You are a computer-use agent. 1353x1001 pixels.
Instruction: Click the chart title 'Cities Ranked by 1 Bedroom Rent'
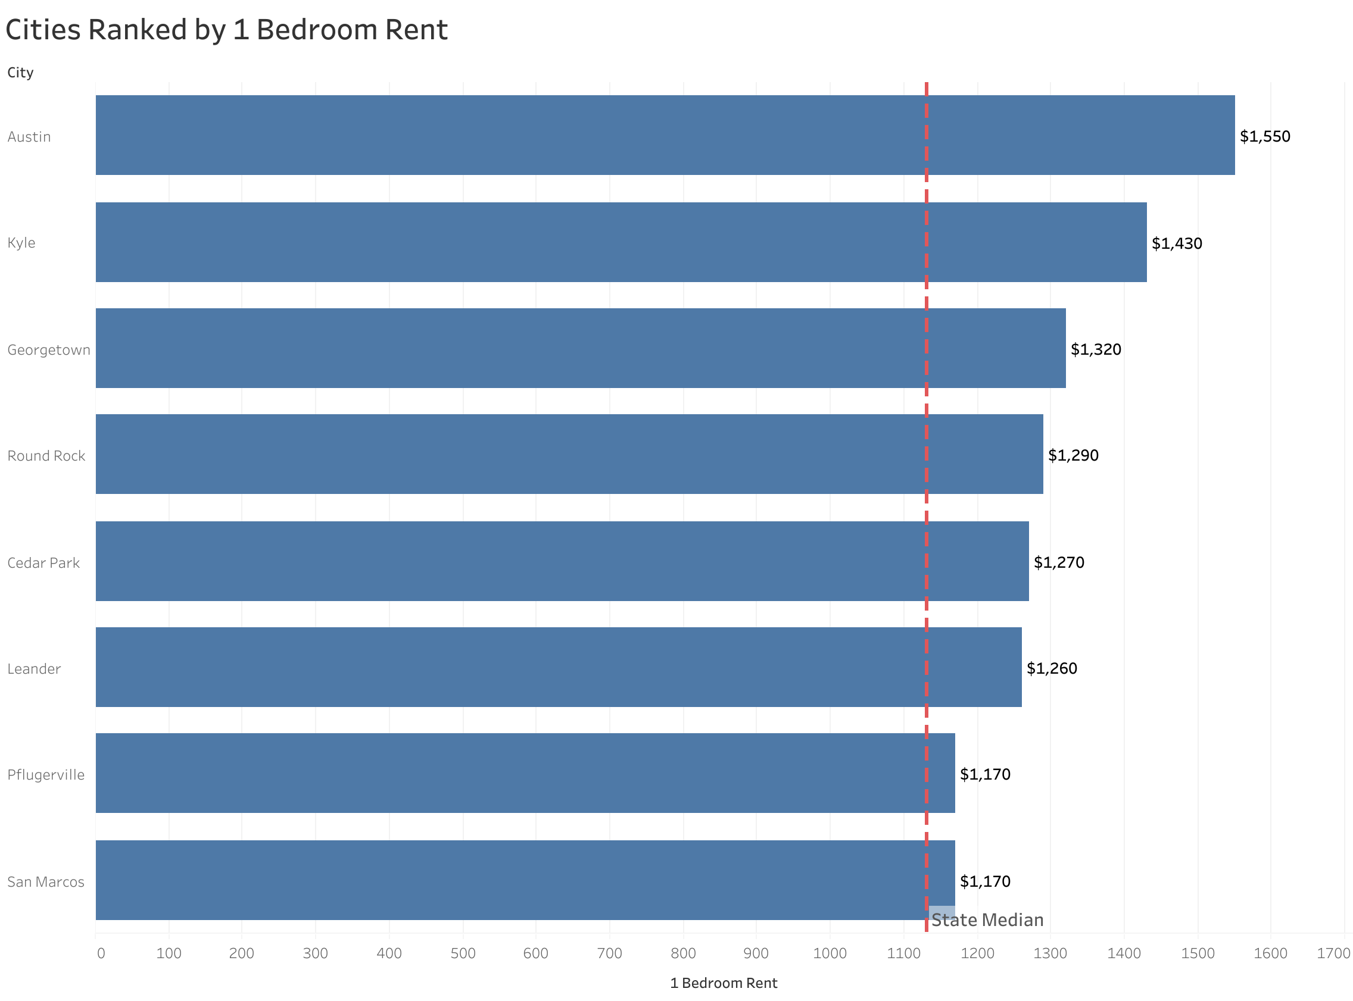point(226,30)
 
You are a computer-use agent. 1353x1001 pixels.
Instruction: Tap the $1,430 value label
point(1176,243)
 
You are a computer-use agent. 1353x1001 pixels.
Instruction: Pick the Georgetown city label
point(48,349)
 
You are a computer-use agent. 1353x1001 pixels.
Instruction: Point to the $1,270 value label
point(1058,562)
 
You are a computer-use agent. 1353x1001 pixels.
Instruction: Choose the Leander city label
point(34,668)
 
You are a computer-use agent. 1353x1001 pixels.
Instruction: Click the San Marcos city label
point(45,881)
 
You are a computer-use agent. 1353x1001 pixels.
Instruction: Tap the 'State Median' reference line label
point(987,920)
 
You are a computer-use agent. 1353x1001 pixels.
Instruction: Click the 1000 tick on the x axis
point(830,953)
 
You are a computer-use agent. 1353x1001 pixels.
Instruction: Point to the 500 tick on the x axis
point(463,953)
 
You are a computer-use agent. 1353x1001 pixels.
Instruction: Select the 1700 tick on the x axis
point(1333,953)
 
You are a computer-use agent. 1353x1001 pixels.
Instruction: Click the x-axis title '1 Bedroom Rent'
point(723,983)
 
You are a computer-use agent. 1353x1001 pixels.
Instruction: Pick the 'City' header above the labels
point(20,73)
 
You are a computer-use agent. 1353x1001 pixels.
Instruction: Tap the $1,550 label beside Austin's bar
point(1264,136)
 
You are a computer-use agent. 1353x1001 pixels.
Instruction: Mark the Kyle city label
point(21,242)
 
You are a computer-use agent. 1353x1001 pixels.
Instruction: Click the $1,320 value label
point(1095,349)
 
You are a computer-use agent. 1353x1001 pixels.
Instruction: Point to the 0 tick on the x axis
point(101,953)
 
